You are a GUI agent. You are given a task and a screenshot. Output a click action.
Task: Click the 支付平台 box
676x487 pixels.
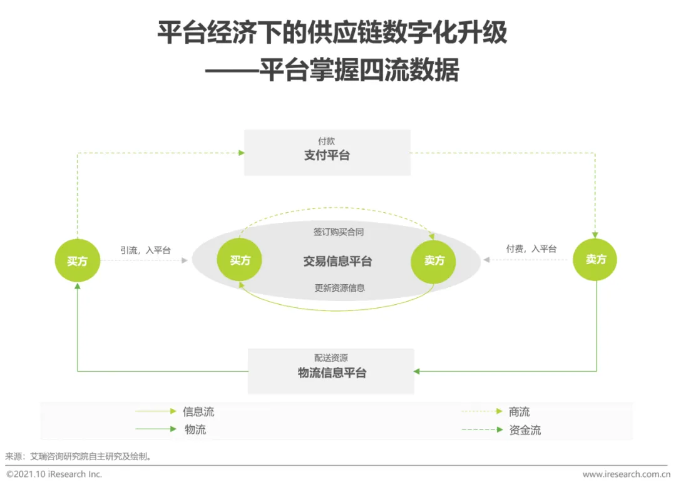point(327,153)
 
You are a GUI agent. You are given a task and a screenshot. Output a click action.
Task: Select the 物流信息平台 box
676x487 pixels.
point(331,371)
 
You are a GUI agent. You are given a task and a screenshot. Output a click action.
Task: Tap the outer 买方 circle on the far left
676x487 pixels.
point(78,260)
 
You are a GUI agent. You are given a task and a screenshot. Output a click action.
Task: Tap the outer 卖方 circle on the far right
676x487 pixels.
point(595,259)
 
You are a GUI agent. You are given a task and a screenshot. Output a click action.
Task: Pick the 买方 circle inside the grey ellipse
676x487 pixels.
point(240,260)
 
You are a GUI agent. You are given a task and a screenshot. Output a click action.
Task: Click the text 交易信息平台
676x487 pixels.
point(337,261)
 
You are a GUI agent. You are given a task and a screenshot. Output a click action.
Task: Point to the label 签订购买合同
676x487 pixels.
point(338,232)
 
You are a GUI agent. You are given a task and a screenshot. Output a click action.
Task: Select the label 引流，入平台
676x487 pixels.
point(145,250)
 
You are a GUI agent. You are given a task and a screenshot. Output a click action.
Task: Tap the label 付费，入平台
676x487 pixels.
point(531,249)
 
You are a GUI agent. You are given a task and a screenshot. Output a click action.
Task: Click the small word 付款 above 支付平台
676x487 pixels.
point(326,141)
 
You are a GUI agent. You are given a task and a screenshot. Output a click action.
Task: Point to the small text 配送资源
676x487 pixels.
point(331,358)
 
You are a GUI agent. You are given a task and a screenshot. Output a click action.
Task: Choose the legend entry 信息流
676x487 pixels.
point(198,411)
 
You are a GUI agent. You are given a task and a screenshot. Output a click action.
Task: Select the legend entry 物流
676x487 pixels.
point(195,429)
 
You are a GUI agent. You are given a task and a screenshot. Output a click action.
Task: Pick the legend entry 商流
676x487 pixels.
point(519,411)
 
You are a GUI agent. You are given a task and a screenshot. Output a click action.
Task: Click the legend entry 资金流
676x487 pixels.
point(525,430)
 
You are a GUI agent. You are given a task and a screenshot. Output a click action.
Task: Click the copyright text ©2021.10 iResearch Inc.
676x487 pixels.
point(54,474)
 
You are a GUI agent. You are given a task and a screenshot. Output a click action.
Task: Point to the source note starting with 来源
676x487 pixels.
point(78,456)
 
